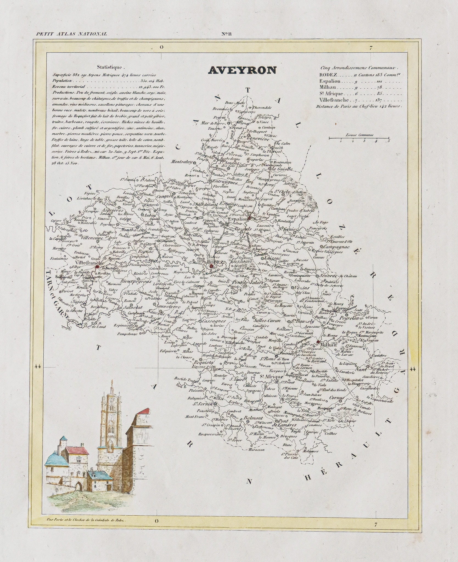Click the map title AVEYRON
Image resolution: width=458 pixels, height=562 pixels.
click(x=242, y=71)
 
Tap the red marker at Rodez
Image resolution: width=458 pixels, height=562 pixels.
click(x=211, y=266)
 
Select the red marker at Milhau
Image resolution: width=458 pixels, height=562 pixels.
click(x=318, y=342)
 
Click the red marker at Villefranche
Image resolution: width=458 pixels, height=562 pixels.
click(x=97, y=266)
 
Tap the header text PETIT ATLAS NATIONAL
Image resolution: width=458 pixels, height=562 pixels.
click(x=71, y=34)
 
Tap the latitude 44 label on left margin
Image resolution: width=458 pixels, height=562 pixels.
click(x=38, y=367)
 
